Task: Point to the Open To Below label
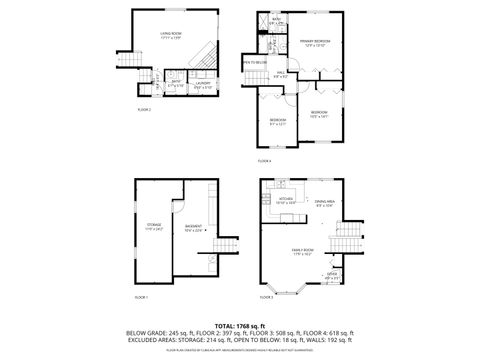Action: click(255, 62)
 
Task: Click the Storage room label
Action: click(154, 226)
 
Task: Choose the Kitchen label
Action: click(285, 200)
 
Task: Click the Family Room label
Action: click(302, 250)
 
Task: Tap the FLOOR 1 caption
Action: click(141, 297)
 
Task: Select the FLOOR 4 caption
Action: click(264, 160)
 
